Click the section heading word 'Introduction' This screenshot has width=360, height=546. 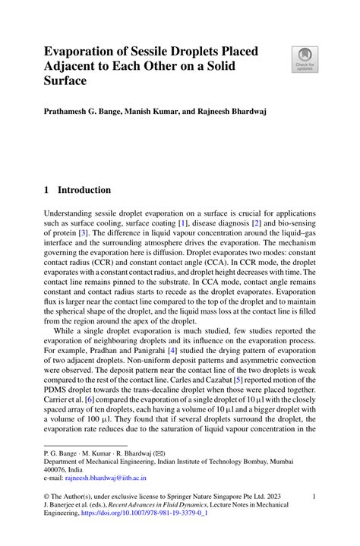pyautogui.click(x=84, y=190)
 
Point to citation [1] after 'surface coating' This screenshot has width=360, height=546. pyautogui.click(x=182, y=225)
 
